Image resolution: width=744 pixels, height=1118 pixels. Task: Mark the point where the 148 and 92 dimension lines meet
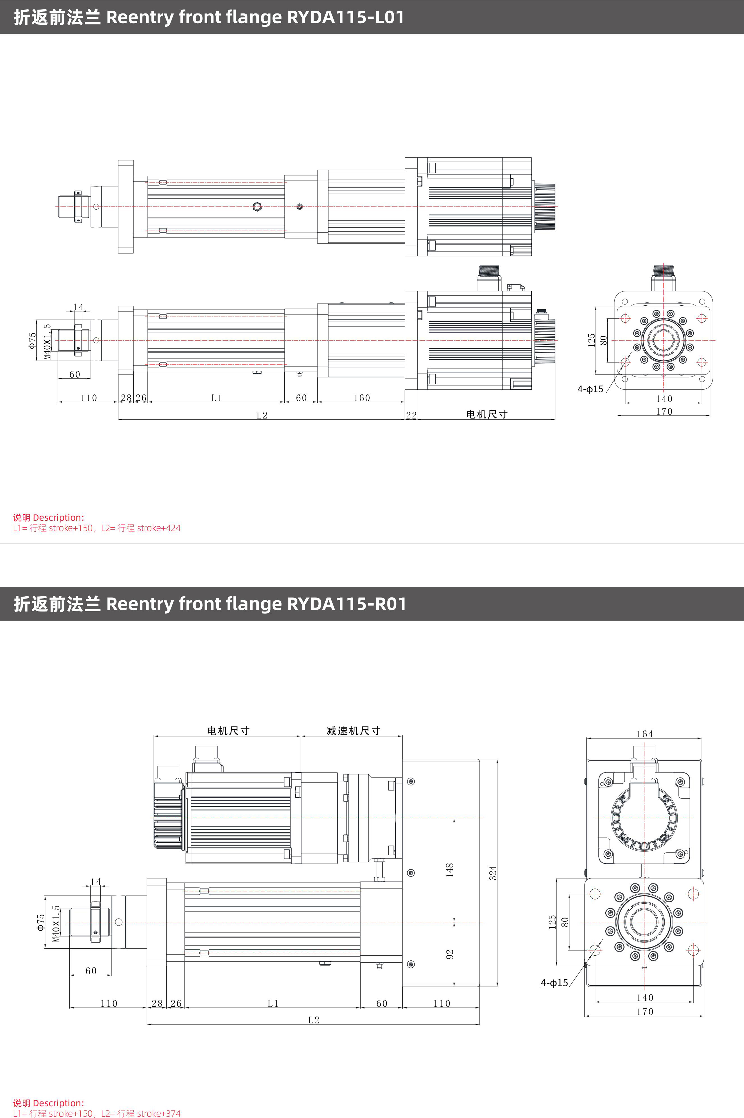[x=454, y=922]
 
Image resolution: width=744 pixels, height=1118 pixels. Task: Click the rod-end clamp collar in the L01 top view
[x=78, y=206]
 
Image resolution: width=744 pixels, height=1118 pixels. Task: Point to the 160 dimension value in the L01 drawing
[x=362, y=398]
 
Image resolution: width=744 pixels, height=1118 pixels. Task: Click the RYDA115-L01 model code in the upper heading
[x=345, y=17]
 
